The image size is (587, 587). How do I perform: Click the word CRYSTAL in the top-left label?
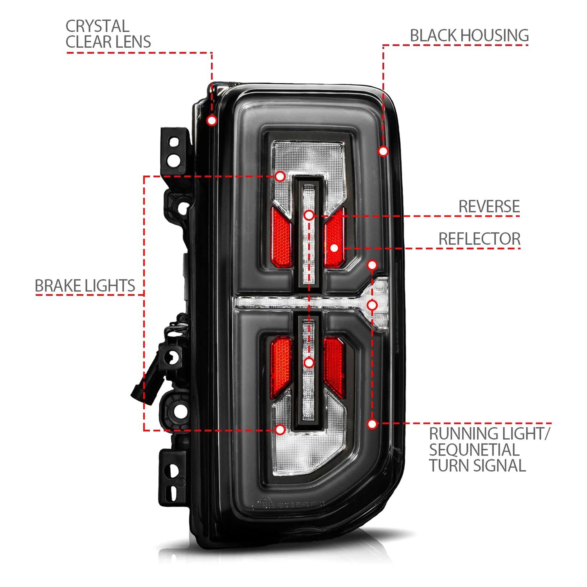click(97, 27)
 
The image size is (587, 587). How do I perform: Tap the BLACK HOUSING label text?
click(469, 36)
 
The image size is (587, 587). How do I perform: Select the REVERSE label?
click(489, 206)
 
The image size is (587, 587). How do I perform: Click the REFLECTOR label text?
click(479, 239)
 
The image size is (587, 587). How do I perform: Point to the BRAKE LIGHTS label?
click(85, 286)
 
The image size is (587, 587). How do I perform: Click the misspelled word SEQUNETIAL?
click(474, 450)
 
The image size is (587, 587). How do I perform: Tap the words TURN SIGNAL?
click(477, 466)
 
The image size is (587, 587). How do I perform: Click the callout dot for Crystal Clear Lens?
click(212, 120)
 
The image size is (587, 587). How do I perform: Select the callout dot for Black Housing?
click(384, 151)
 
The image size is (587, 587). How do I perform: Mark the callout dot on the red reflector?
click(334, 248)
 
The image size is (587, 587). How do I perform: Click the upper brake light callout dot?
click(280, 176)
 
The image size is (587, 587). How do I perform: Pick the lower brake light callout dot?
click(280, 430)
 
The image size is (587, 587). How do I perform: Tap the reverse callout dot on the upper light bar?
click(309, 215)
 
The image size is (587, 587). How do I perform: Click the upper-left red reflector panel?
click(281, 237)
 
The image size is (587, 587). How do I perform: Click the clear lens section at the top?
click(309, 157)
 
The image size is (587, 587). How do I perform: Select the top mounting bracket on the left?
click(173, 151)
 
